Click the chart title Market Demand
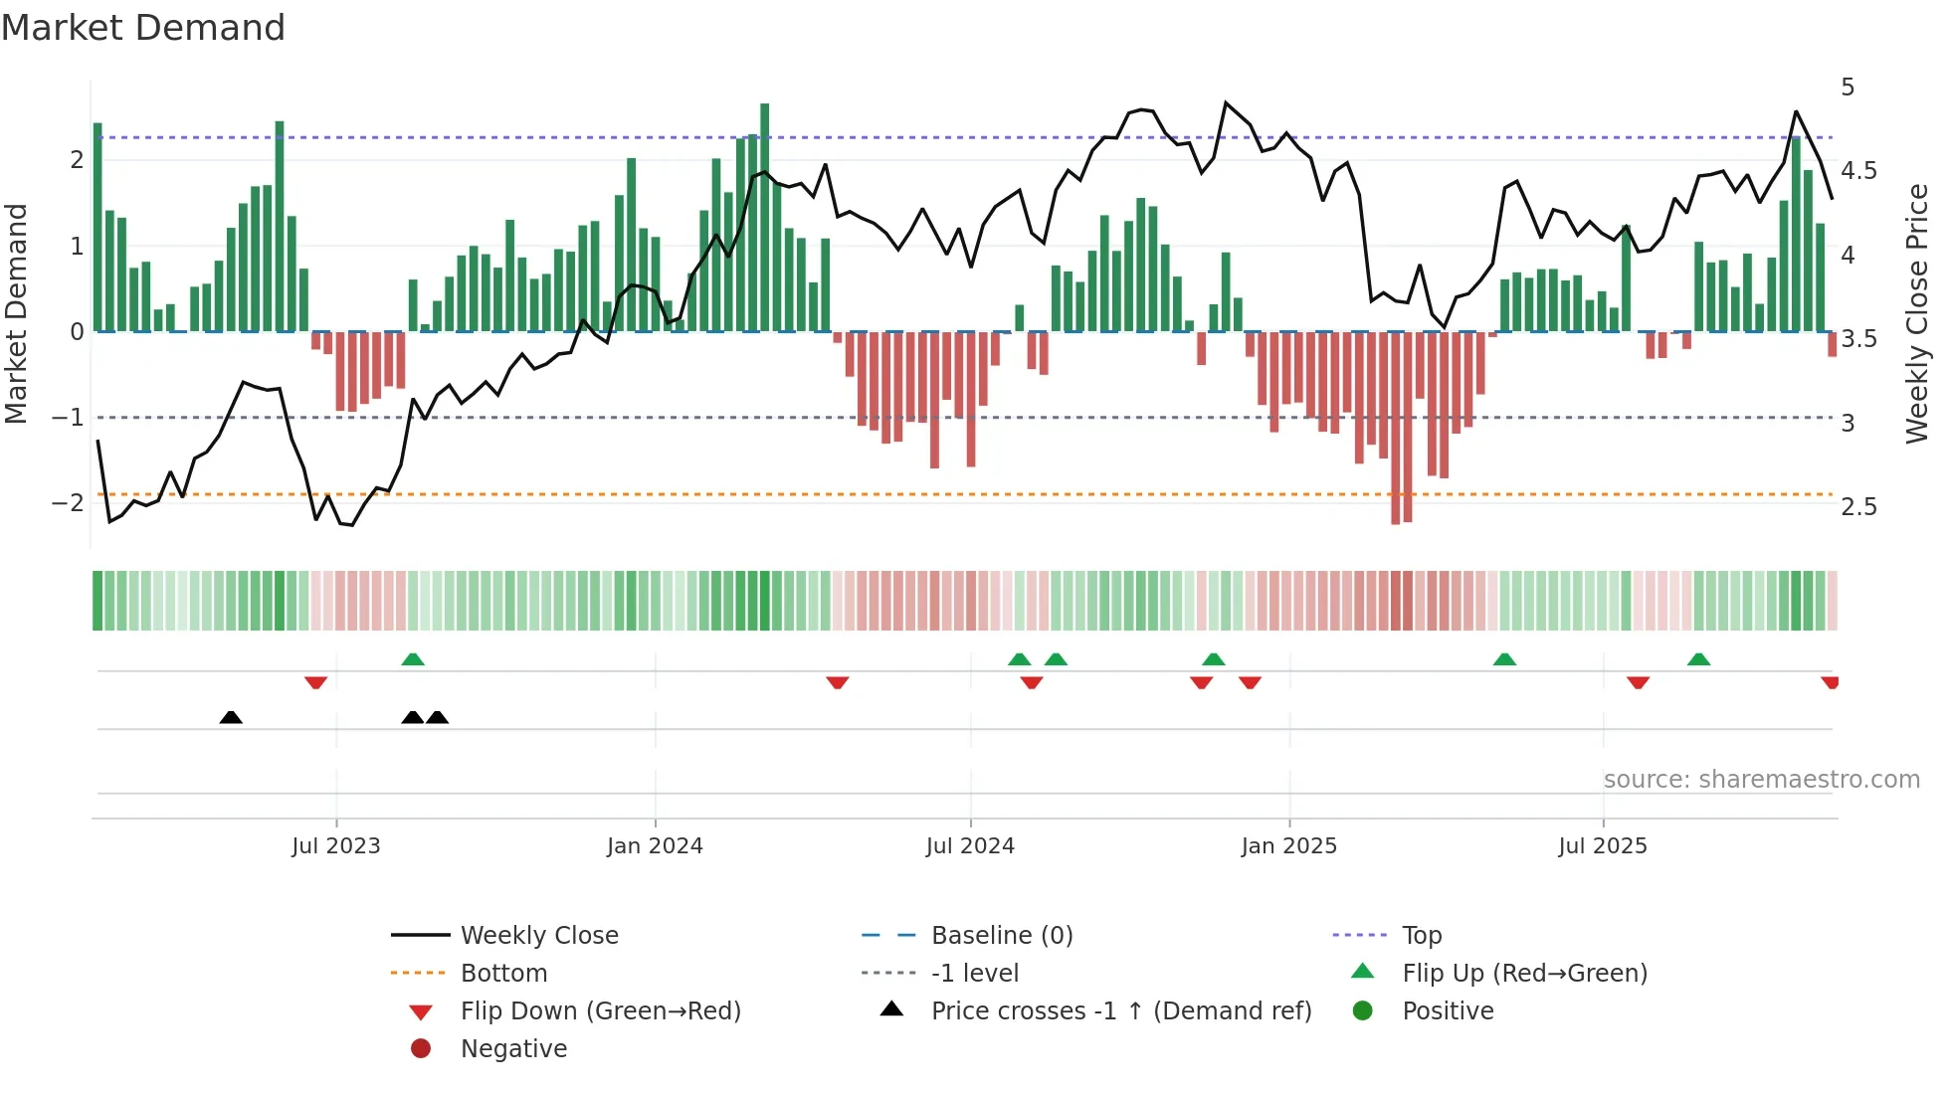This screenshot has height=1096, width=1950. point(143,28)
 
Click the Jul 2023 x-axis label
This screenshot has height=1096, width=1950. point(336,846)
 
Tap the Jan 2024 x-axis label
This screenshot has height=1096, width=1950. point(655,846)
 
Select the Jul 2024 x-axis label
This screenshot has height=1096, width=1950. point(970,846)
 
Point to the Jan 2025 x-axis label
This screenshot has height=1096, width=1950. point(1289,846)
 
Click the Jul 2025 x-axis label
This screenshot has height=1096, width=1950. point(1603,846)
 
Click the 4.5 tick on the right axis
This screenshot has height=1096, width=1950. point(1858,171)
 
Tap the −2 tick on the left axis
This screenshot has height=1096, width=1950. point(68,502)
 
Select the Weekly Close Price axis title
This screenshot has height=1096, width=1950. point(1917,313)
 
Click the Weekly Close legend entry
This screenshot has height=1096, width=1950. point(539,936)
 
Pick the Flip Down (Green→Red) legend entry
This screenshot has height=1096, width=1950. point(600,1011)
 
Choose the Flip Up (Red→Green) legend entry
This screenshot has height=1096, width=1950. point(1524,974)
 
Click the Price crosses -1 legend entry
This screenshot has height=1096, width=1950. point(1121,1011)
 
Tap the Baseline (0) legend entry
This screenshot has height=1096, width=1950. point(1002,936)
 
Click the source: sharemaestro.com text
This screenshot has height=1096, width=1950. point(1762,780)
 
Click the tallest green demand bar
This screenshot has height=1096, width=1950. point(764,219)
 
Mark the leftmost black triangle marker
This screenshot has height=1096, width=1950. point(231,717)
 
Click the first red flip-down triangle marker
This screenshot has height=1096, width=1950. point(315,682)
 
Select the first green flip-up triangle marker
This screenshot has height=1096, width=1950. point(413,659)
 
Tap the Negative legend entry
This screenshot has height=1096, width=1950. point(513,1049)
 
